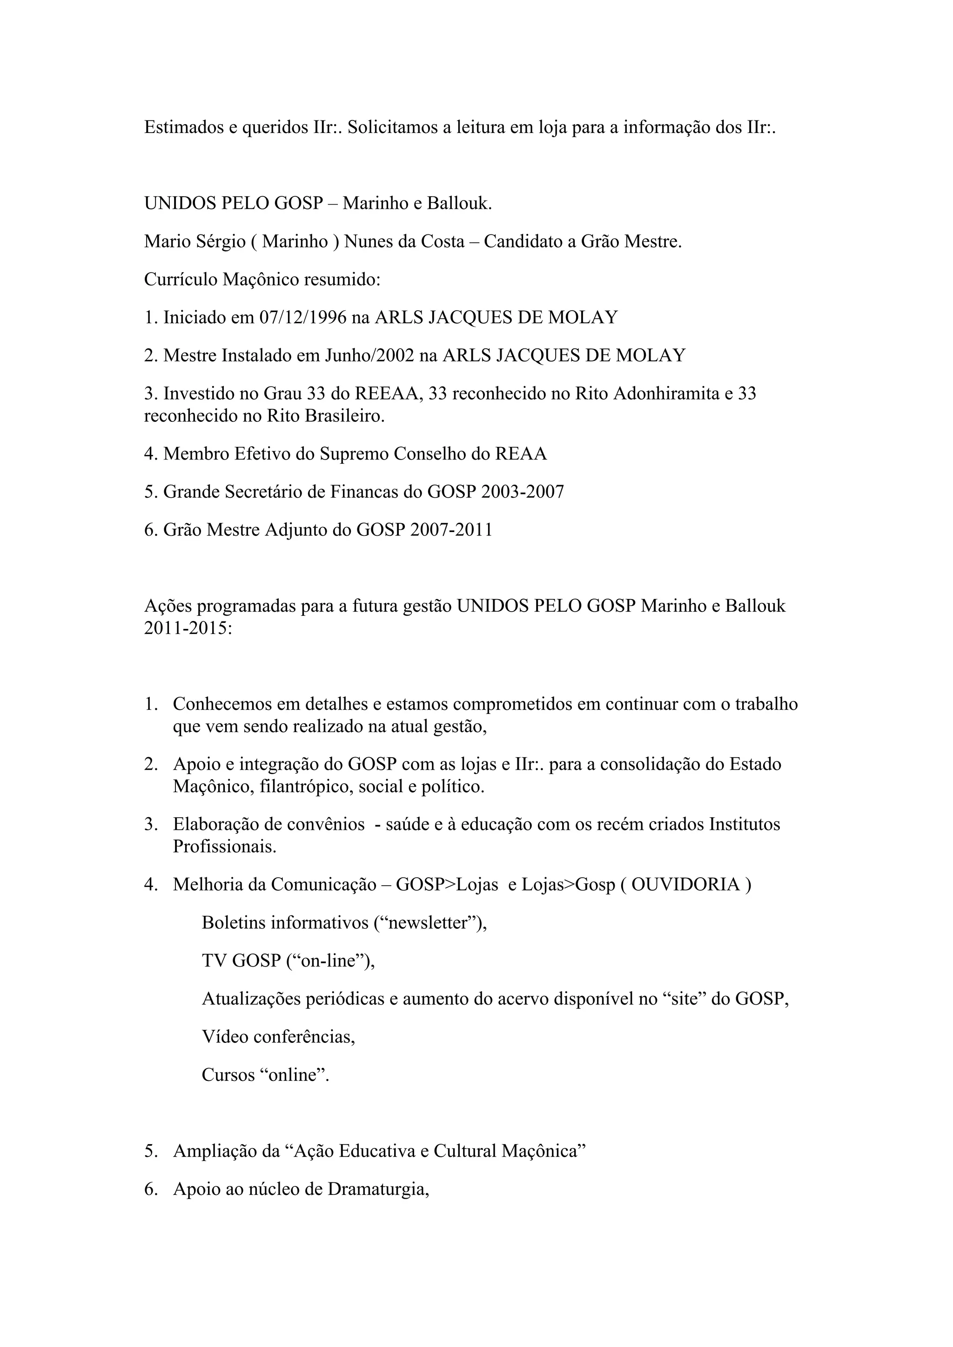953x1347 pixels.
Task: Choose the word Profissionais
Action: point(224,847)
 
